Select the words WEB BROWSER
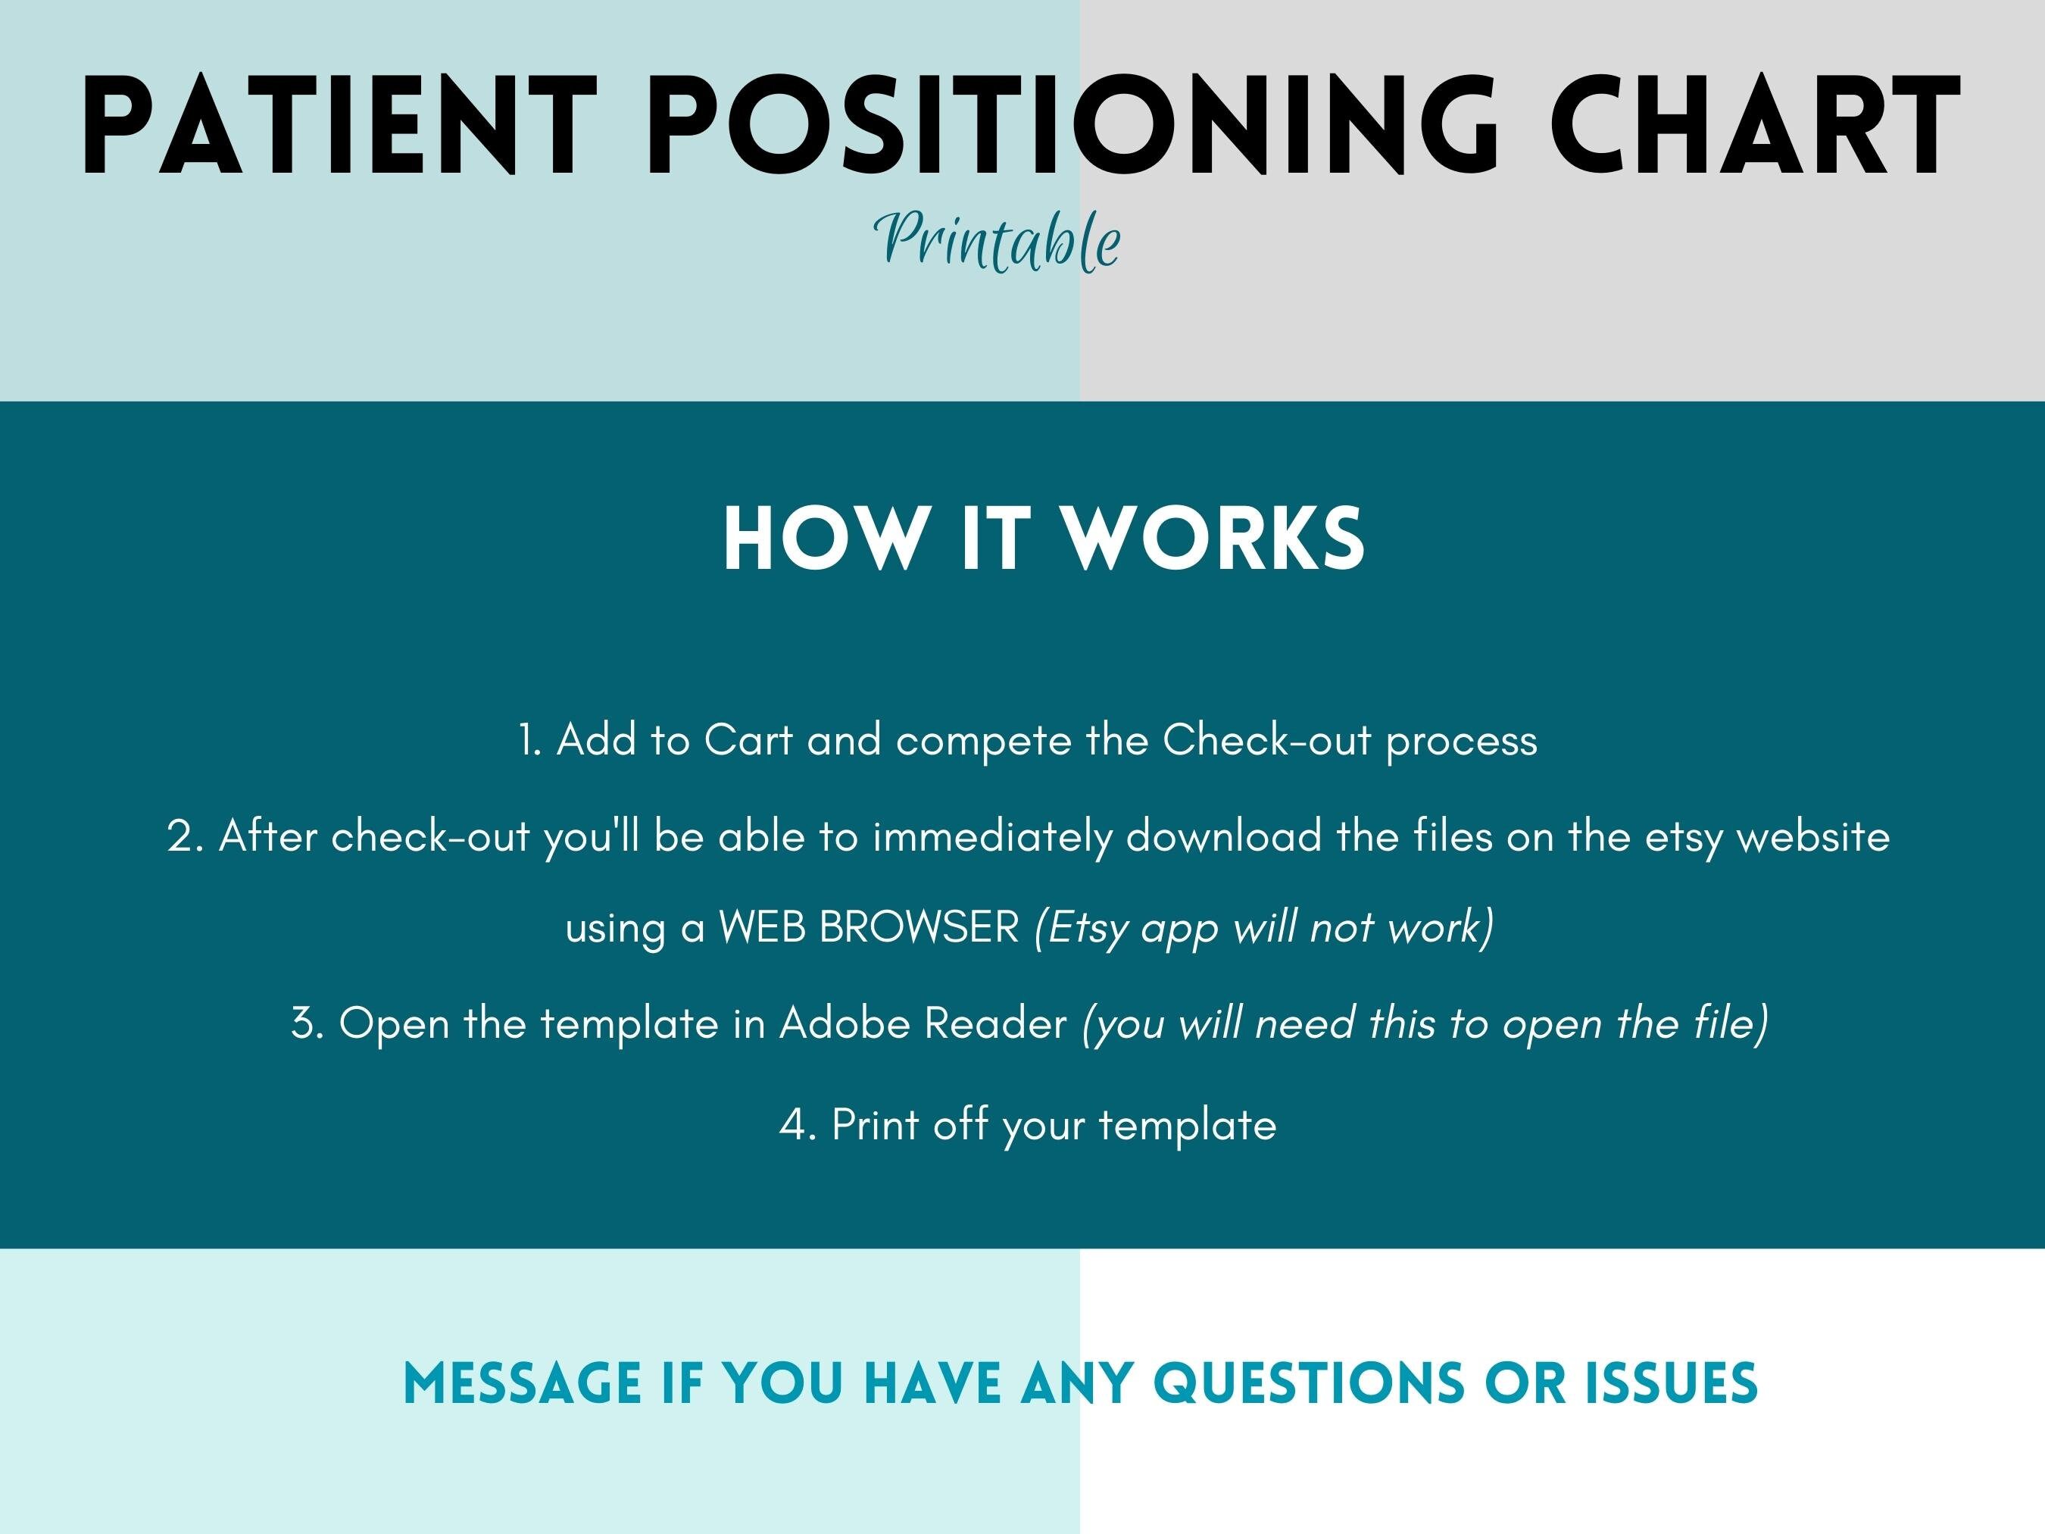click(869, 927)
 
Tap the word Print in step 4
click(875, 1125)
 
